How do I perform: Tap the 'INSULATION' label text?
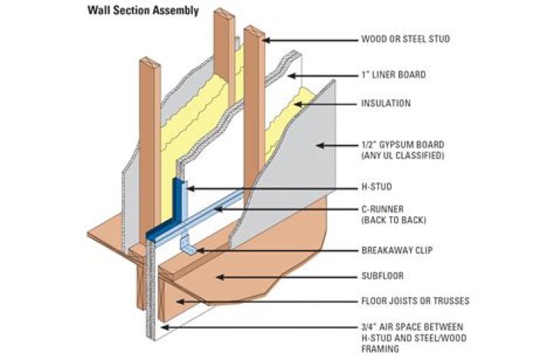click(385, 103)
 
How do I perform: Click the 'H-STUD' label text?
click(378, 187)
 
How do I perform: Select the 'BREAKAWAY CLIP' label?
click(397, 250)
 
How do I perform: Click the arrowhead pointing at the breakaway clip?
click(199, 250)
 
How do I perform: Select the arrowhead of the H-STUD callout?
click(187, 187)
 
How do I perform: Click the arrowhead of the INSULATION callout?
click(295, 103)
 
